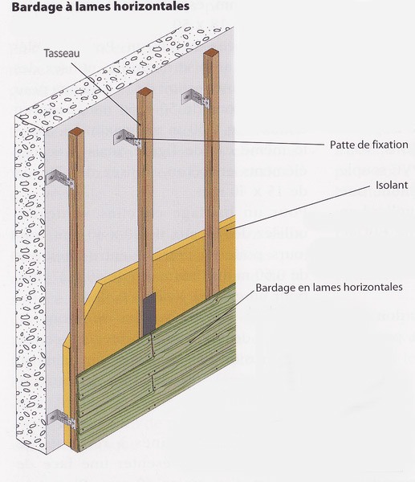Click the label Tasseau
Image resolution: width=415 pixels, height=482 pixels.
point(62,53)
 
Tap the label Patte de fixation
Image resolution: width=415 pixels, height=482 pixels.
point(369,145)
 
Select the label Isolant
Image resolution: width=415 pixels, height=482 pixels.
point(392,185)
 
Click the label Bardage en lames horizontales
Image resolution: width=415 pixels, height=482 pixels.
point(329,288)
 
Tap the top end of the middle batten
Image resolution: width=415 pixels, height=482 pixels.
point(144,92)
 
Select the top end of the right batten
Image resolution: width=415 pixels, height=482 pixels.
point(211,52)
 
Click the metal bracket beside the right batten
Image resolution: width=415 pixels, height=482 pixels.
point(196,98)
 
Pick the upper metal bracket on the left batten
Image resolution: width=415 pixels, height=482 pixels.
point(60,178)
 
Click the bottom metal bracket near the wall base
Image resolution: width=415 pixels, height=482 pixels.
point(60,419)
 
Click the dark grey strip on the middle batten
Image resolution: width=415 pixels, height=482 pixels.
point(149,313)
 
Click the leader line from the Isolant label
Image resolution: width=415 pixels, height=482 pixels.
point(298,208)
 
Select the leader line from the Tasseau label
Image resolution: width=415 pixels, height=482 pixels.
point(106,94)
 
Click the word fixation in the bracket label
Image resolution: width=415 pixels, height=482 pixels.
point(389,145)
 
